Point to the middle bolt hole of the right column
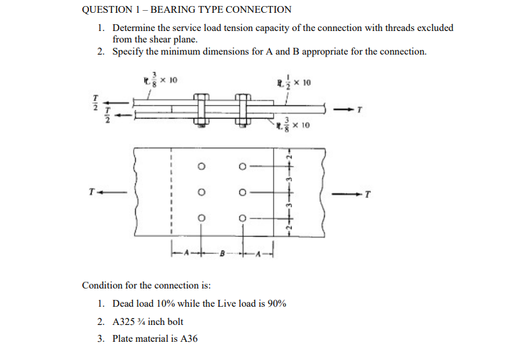point(243,192)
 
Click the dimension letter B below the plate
point(223,254)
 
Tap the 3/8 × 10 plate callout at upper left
point(158,80)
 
